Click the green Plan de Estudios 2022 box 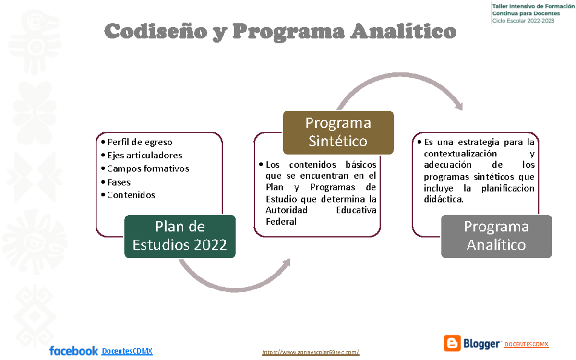180,236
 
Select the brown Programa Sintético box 338,132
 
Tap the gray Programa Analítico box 496,236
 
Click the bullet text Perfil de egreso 139,142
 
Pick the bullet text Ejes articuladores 144,155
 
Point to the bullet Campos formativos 147,168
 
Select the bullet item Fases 119,182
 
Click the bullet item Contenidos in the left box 131,195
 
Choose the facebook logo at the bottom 73,351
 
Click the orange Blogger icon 452,343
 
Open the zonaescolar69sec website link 311,353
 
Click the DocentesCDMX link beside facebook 127,351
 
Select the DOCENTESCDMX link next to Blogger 527,344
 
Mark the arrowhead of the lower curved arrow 287,262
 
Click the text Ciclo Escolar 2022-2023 523,20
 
